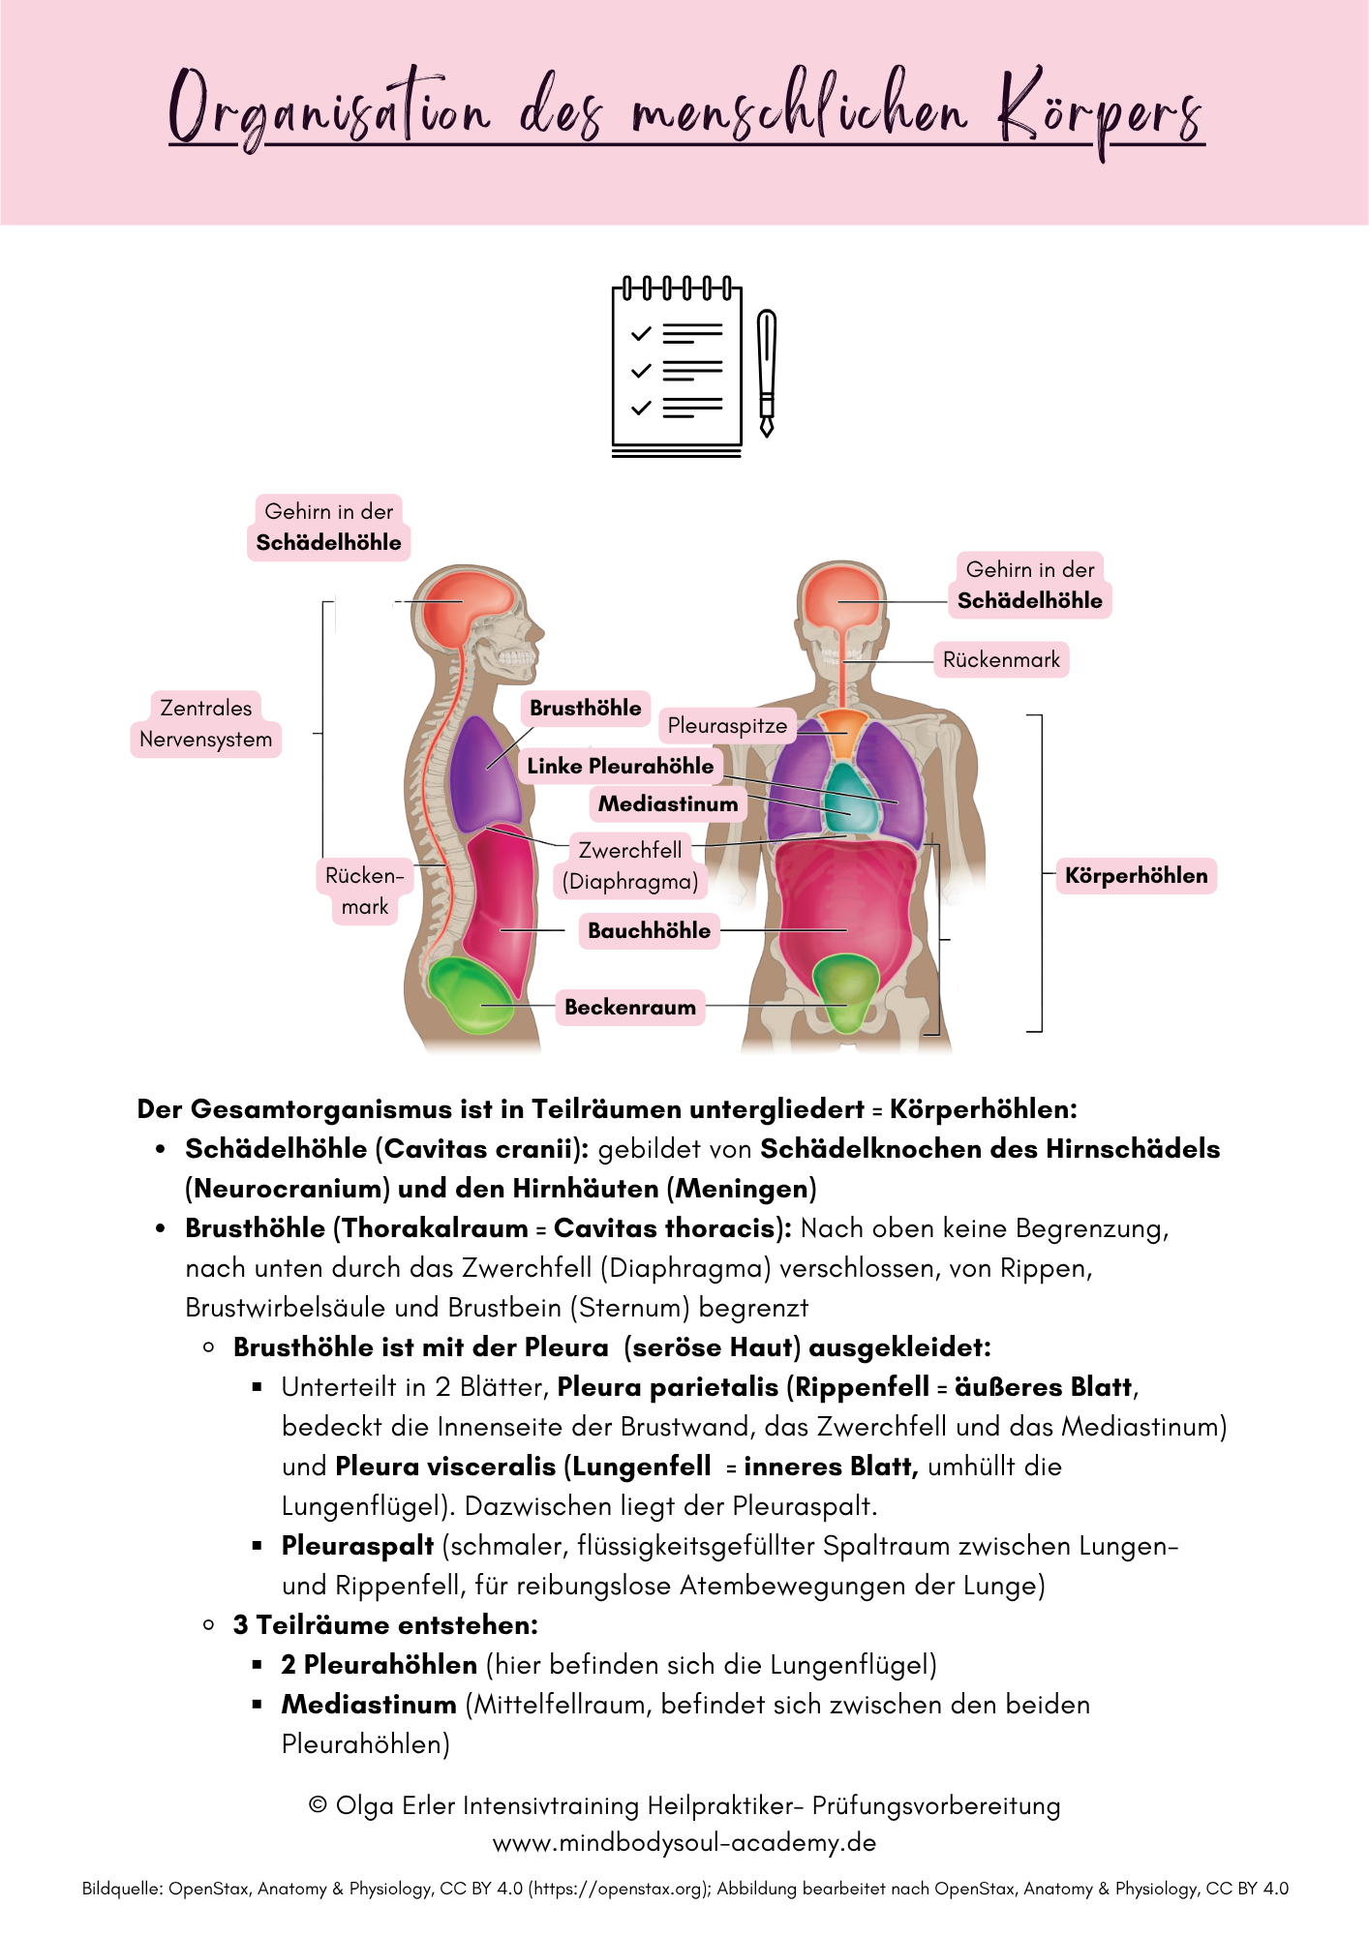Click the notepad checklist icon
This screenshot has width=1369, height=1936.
(677, 369)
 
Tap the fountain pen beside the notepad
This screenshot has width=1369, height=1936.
(767, 373)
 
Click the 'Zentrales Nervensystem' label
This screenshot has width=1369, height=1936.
(206, 724)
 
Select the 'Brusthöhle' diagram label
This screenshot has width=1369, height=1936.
(586, 709)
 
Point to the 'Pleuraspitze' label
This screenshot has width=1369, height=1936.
(727, 726)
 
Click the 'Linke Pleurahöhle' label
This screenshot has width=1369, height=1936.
(621, 766)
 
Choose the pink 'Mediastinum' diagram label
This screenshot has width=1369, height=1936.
(668, 803)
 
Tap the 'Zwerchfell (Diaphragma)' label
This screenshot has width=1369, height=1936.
(630, 865)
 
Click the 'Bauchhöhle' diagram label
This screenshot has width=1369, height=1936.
(650, 930)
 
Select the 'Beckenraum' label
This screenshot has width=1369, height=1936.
(630, 1007)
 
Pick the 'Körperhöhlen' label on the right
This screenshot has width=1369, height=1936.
(1136, 876)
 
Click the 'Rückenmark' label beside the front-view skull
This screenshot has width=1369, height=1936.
(1001, 660)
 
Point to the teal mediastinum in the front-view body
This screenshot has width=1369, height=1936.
(850, 796)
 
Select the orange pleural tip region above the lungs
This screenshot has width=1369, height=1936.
(844, 731)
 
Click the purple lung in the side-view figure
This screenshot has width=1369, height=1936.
(486, 774)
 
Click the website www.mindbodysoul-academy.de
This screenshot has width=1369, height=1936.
(684, 1842)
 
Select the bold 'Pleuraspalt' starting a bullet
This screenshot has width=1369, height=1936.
(357, 1546)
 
